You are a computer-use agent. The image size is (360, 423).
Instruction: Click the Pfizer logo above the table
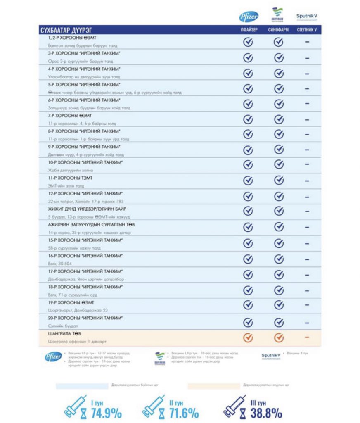pos(249,17)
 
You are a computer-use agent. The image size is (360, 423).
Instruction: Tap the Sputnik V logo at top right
pos(306,17)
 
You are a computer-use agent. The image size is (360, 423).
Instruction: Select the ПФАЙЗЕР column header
pos(249,30)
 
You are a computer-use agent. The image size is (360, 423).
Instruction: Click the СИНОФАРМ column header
pos(279,30)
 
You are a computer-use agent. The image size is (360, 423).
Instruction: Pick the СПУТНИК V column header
pos(307,30)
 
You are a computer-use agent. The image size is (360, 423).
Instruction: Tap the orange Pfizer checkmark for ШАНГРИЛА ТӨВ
pos(248,337)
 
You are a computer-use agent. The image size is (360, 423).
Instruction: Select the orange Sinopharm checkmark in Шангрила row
pos(279,337)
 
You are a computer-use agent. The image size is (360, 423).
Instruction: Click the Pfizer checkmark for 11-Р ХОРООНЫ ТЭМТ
pos(248,181)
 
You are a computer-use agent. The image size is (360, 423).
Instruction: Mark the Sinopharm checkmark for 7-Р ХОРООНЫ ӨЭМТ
pos(279,119)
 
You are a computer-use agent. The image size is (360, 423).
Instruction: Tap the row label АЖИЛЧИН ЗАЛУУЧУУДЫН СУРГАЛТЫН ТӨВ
pos(91,225)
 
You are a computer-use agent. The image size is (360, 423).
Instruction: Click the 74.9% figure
pos(106,412)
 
